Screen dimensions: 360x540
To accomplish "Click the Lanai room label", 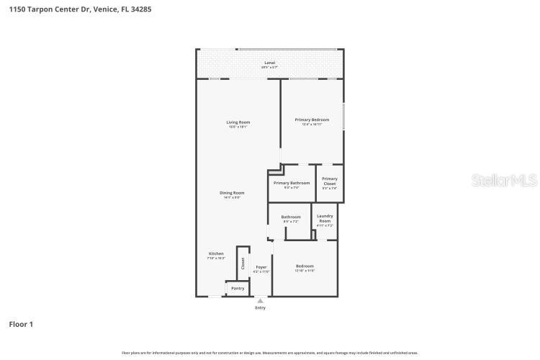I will (270, 63).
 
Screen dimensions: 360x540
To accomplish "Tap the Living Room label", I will (238, 122).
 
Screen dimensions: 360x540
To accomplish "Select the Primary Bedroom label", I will (312, 120).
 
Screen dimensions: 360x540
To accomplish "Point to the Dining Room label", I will (233, 192).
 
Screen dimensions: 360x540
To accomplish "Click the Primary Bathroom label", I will (292, 183).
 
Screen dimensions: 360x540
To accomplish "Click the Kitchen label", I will (216, 253).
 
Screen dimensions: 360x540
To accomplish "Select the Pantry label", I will (238, 288).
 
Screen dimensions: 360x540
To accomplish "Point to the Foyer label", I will (261, 267).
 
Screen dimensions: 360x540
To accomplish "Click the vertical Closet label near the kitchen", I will (243, 264).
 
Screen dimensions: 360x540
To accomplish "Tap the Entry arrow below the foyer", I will (260, 300).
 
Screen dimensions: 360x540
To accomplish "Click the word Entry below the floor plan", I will (260, 308).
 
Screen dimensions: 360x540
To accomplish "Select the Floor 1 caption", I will (21, 325).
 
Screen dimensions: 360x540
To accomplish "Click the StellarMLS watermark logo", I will (504, 180).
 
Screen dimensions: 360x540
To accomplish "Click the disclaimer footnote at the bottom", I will (270, 353).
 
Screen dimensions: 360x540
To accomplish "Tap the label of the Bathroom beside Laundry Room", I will (291, 217).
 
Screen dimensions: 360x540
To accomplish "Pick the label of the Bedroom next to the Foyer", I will (305, 266).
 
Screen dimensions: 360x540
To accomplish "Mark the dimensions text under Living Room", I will (238, 127).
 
